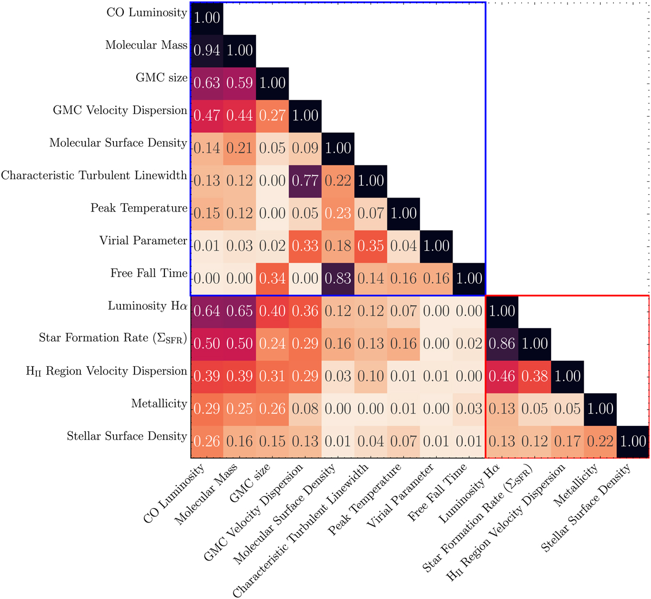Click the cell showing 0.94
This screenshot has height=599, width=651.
coord(207,50)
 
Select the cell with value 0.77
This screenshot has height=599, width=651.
coord(305,181)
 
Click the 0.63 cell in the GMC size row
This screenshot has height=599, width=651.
coord(207,83)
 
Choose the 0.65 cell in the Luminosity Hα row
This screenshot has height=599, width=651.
coord(240,311)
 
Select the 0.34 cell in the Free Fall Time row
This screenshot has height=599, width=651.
coord(272,278)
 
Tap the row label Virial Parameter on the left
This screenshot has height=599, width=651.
coord(143,240)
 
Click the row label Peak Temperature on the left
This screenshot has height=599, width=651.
coord(139,208)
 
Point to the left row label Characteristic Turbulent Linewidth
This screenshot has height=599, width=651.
coord(94,175)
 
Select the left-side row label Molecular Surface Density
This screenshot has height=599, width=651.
coord(118,143)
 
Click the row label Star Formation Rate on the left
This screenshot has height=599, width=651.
coord(113,338)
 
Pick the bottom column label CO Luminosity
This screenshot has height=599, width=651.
coord(175,494)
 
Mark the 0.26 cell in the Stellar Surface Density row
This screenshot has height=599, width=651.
coord(207,441)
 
